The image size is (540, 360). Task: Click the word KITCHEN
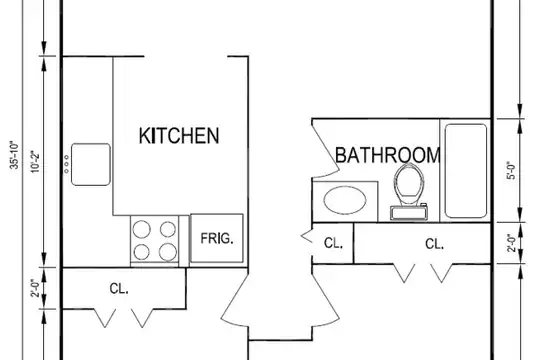(179, 135)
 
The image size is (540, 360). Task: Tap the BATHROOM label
(388, 155)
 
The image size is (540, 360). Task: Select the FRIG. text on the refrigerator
(217, 238)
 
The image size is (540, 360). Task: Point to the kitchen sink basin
(91, 164)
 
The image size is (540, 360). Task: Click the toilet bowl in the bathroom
(409, 181)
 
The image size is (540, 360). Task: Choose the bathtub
(466, 171)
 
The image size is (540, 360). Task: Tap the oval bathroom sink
(345, 200)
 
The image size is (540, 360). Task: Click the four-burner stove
(155, 241)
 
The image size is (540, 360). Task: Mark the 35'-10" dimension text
(15, 155)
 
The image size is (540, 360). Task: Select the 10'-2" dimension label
(35, 162)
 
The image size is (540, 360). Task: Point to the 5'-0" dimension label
(512, 171)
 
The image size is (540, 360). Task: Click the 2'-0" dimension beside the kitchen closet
(35, 288)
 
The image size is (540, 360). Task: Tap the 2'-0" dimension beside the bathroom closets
(512, 243)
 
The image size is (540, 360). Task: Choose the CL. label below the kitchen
(119, 288)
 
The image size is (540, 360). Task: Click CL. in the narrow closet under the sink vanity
(333, 243)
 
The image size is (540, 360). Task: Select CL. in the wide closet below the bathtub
(434, 244)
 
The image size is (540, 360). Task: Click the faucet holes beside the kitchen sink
(66, 164)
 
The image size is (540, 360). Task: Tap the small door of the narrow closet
(307, 237)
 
